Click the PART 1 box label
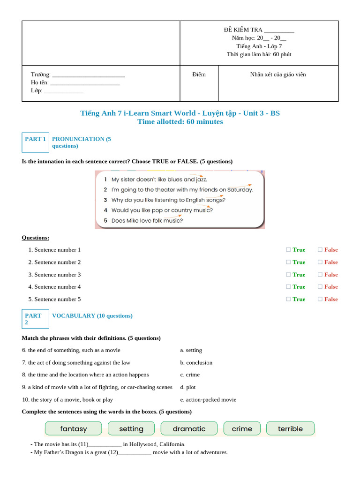(x=35, y=139)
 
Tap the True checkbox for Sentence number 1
(x=288, y=250)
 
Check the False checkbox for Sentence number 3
(x=320, y=275)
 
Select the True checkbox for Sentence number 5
(x=288, y=299)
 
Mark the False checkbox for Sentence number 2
(x=320, y=262)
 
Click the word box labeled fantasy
(x=73, y=428)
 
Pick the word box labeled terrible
(x=290, y=428)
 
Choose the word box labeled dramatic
(x=189, y=428)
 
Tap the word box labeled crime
(x=242, y=428)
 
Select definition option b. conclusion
(x=196, y=363)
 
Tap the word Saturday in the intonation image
(x=240, y=190)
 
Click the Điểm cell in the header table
(x=199, y=75)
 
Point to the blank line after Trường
(x=89, y=75)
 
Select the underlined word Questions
(x=36, y=238)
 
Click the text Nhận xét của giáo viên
(x=278, y=75)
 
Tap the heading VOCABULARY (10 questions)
(x=92, y=316)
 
